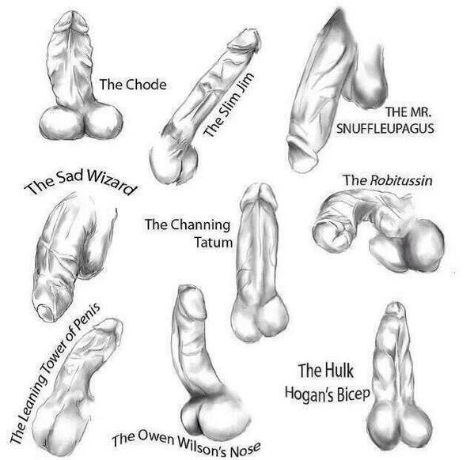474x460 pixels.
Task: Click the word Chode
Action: tap(146, 85)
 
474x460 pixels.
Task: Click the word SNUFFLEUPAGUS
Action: tap(385, 128)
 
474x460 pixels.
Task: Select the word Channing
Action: tap(200, 225)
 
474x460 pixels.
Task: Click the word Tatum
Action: tap(214, 242)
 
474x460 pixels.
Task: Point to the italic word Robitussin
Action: tap(401, 181)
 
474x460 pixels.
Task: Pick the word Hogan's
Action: tap(309, 394)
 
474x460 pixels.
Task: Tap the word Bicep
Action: tap(354, 394)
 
